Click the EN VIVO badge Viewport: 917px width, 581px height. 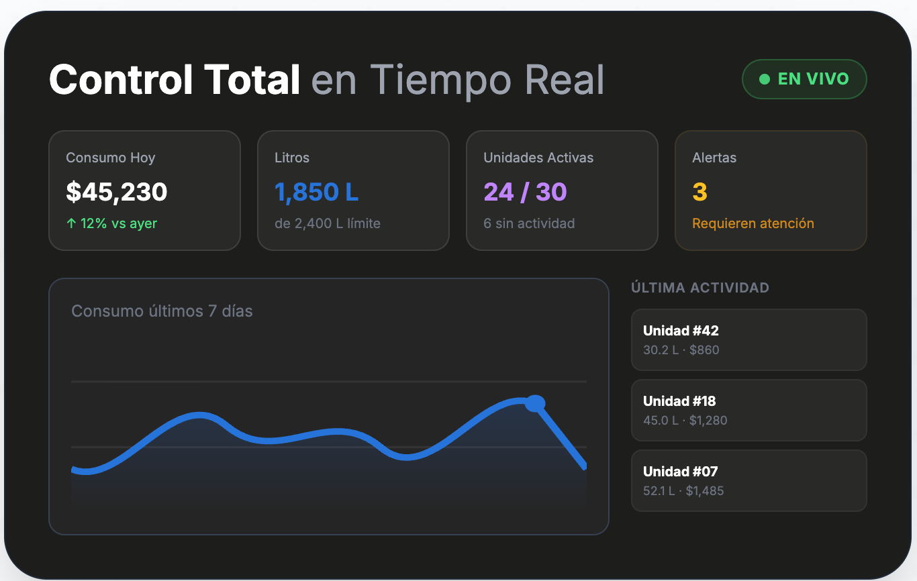point(804,79)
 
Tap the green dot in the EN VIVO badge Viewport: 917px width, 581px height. point(765,79)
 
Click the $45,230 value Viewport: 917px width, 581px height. point(117,192)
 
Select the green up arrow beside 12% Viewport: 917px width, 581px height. point(71,223)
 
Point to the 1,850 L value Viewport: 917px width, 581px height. point(316,192)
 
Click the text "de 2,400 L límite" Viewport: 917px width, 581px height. point(328,223)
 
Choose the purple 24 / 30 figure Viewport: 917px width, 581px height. point(525,192)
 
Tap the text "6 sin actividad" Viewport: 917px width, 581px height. point(529,223)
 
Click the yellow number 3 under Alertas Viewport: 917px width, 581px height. point(699,192)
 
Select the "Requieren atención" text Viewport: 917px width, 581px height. point(753,223)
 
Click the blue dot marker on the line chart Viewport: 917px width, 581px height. point(535,403)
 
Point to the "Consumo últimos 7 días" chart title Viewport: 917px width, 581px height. point(162,311)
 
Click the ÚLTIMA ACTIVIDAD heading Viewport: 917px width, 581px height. point(700,288)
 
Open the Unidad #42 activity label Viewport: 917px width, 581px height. point(681,331)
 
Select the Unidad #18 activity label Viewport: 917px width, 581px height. point(679,401)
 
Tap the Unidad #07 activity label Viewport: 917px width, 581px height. point(681,472)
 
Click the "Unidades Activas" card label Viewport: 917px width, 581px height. point(538,158)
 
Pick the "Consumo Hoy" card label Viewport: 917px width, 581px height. point(111,158)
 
